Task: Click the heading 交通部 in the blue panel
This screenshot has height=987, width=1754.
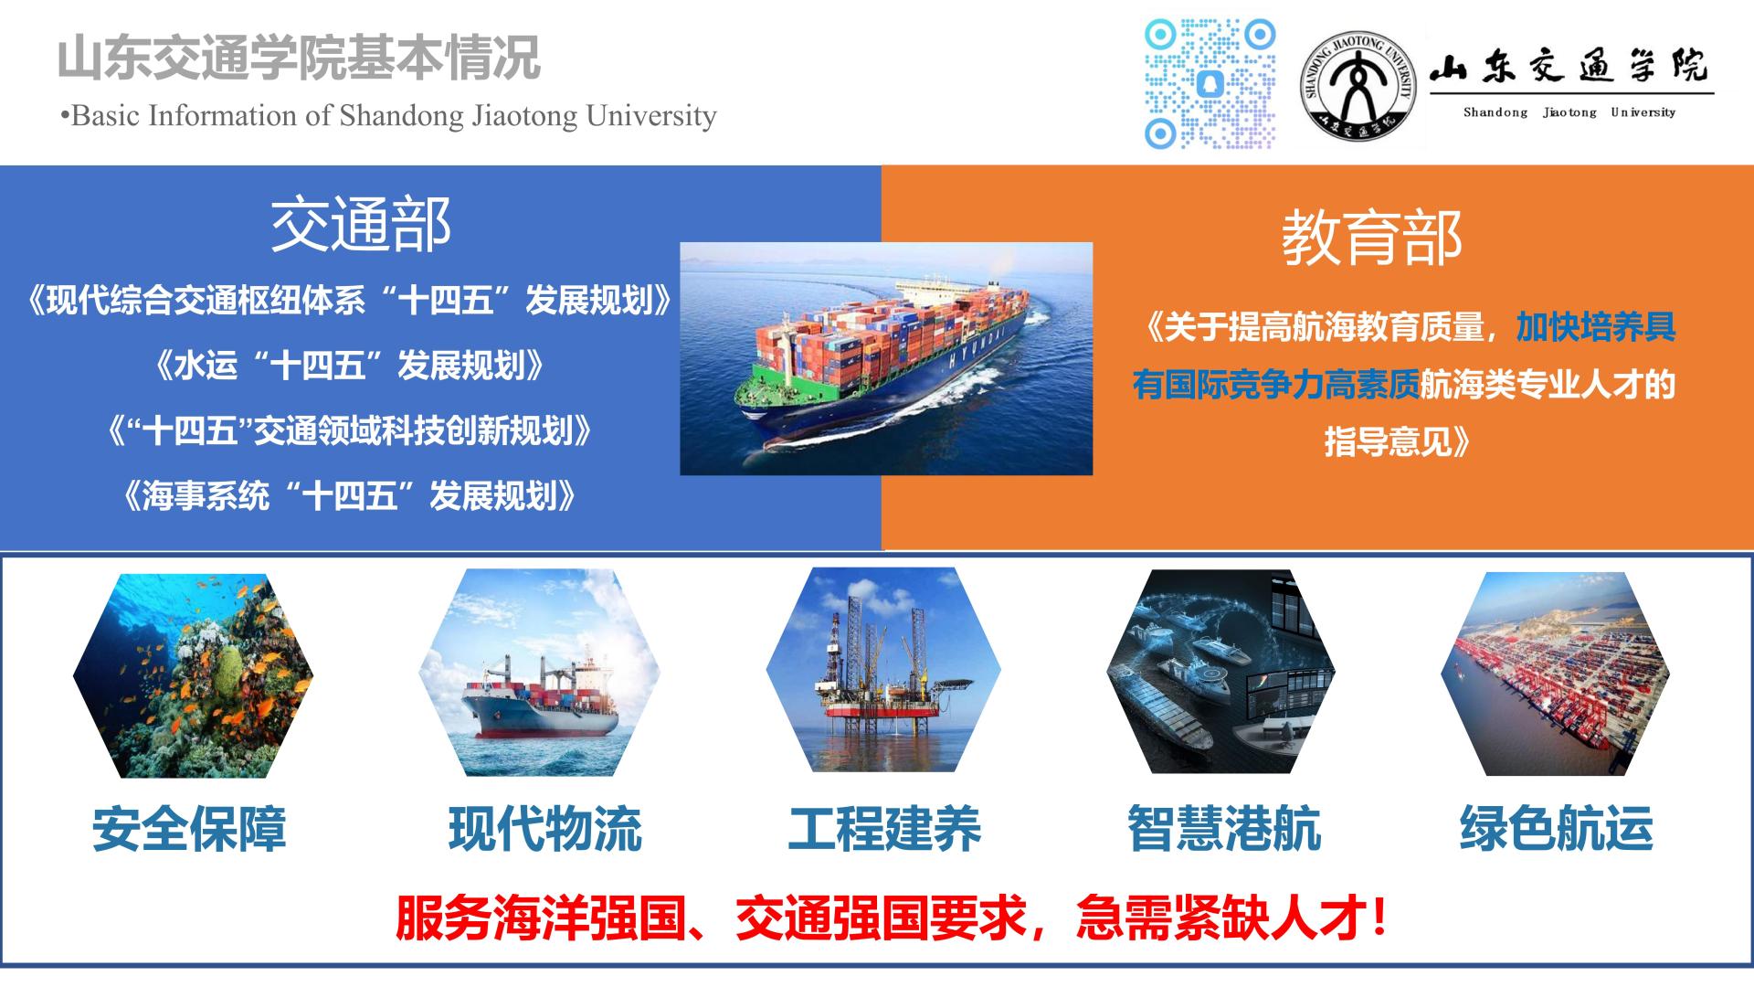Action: click(361, 226)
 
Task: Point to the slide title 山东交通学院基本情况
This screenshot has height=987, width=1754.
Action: click(299, 58)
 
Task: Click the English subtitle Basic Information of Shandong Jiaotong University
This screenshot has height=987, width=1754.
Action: click(388, 116)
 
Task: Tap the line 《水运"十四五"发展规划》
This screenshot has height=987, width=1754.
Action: click(349, 366)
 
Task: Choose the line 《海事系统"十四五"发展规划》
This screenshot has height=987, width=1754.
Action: click(349, 496)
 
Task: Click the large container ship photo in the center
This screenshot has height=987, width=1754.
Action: click(886, 358)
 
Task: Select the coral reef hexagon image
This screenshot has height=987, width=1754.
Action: click(193, 676)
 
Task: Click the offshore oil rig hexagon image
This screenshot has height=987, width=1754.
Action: click(883, 670)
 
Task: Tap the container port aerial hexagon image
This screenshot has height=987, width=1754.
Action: click(1556, 674)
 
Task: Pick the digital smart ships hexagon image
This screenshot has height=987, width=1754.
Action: click(1221, 673)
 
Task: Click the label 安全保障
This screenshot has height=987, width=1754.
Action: click(189, 829)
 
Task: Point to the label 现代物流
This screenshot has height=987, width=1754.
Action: click(545, 829)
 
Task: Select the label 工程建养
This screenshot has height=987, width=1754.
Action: click(884, 829)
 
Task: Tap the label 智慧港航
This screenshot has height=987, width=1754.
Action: click(1224, 829)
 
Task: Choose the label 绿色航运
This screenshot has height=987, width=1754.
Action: click(1557, 829)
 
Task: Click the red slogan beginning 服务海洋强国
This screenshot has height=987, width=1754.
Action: click(891, 918)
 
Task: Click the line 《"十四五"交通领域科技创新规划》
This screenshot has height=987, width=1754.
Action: click(349, 430)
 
